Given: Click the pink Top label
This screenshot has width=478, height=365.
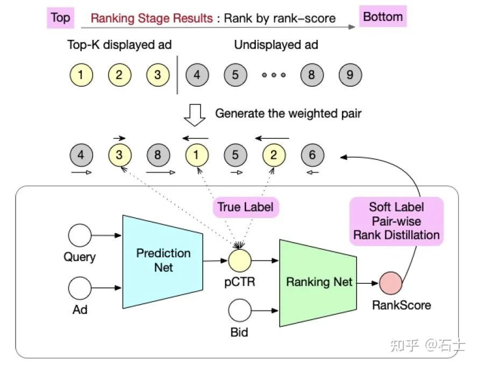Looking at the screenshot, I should tap(60, 17).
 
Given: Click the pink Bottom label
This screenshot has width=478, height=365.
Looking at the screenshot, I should tap(382, 17).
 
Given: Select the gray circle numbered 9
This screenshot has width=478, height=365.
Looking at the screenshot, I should tap(350, 75).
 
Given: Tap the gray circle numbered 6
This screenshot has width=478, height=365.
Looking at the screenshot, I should tap(312, 155).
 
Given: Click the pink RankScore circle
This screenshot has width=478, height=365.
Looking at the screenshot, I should tap(390, 282).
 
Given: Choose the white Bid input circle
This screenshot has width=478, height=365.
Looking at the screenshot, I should tap(239, 311).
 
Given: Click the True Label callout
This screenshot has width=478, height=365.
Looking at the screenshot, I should tap(245, 207).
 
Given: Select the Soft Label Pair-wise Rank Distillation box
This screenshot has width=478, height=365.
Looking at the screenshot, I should tap(396, 221).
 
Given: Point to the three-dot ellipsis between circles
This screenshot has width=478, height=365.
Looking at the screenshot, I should tap(273, 75).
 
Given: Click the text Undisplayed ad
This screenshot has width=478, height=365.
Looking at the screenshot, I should tap(276, 45).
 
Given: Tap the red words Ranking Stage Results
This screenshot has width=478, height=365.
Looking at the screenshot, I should tap(152, 18).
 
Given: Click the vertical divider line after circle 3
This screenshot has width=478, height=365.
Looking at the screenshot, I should tap(177, 75).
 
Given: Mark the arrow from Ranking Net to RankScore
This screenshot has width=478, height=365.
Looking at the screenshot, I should tap(369, 282).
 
